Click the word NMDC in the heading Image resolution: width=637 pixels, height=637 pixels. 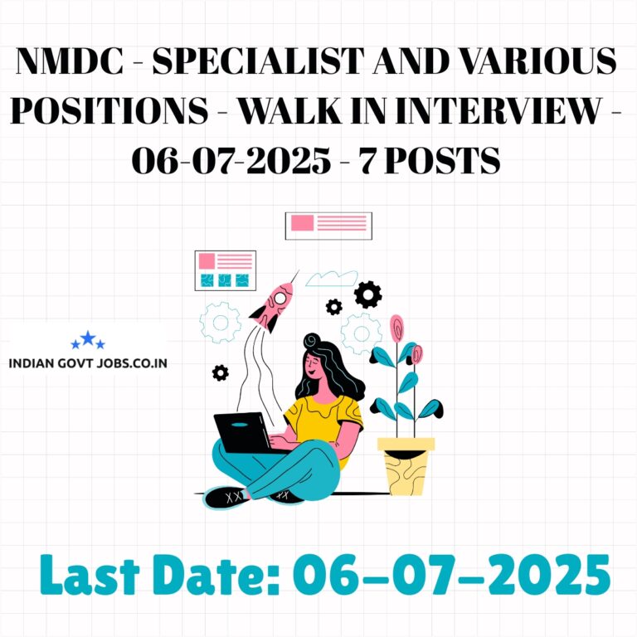pyautogui.click(x=70, y=61)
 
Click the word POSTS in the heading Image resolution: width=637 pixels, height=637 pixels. pyautogui.click(x=442, y=160)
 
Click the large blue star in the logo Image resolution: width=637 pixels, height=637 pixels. pyautogui.click(x=88, y=338)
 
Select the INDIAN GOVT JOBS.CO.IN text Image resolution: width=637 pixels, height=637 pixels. pyautogui.click(x=88, y=362)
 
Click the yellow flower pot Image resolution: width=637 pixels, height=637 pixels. pyautogui.click(x=406, y=466)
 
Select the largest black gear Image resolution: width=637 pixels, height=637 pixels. pyautogui.click(x=367, y=294)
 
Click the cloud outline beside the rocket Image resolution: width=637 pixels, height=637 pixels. pyautogui.click(x=332, y=279)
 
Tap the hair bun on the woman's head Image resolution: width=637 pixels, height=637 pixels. pyautogui.click(x=312, y=340)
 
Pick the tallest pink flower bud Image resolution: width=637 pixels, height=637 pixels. pyautogui.click(x=397, y=328)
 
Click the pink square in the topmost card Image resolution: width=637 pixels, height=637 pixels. pyautogui.click(x=302, y=222)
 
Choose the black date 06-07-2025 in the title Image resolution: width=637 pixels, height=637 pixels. pyautogui.click(x=231, y=160)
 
